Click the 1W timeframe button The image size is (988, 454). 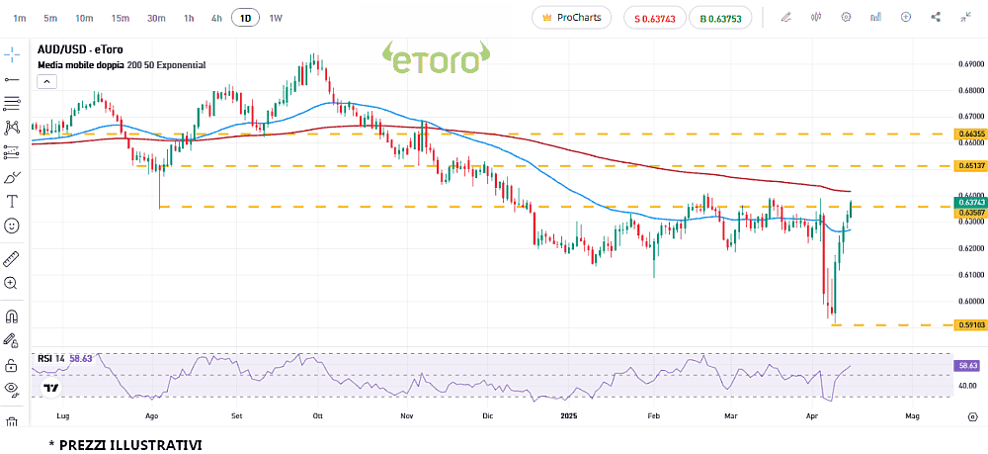click(x=276, y=18)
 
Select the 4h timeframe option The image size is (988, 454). click(x=216, y=18)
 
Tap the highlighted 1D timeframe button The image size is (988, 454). click(x=245, y=18)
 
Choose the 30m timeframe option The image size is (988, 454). click(x=156, y=18)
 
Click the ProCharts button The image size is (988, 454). click(x=571, y=18)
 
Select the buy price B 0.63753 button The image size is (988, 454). click(x=720, y=18)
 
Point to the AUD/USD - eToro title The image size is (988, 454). click(x=80, y=49)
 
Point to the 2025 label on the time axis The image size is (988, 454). click(x=568, y=417)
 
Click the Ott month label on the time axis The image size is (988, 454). click(x=317, y=417)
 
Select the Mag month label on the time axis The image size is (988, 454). click(x=912, y=417)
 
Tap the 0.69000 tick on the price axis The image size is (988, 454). click(x=970, y=64)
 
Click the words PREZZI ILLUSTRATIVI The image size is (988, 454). click(x=130, y=445)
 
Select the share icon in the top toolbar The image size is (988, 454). click(x=936, y=18)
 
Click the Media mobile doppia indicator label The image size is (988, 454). click(x=122, y=65)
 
